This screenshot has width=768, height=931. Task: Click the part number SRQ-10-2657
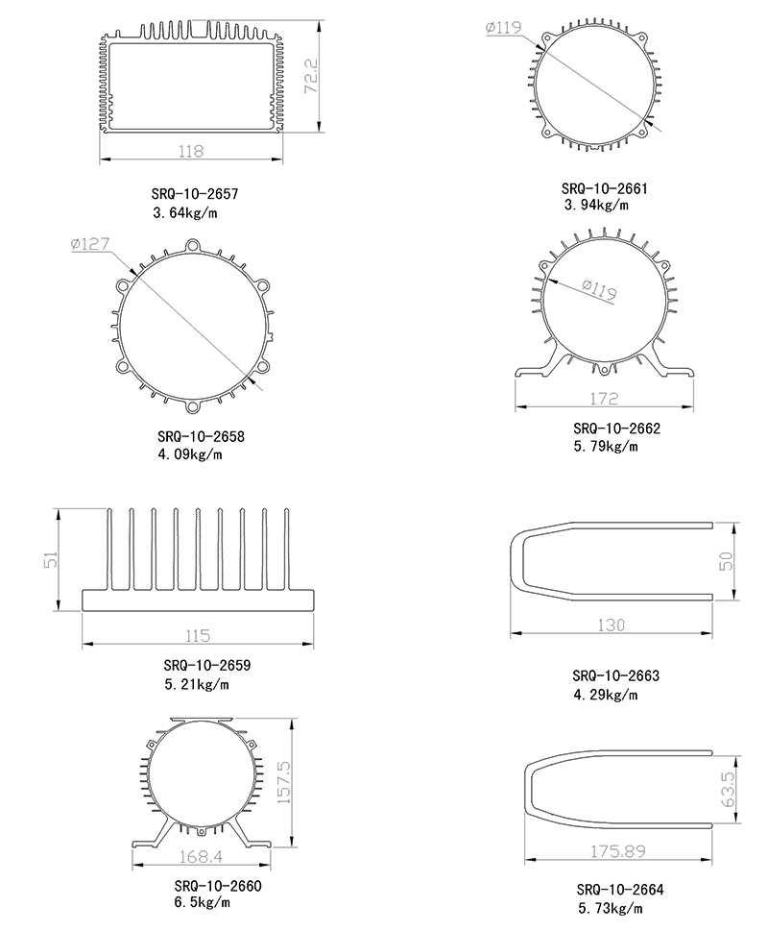[195, 193]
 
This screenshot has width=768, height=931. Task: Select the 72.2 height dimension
[311, 76]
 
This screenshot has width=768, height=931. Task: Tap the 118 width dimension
[191, 152]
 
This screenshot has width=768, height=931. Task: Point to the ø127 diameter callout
[90, 243]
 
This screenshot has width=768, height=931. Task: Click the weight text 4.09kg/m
[190, 454]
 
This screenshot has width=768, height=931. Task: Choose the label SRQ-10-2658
[201, 436]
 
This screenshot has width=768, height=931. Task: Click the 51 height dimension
[51, 559]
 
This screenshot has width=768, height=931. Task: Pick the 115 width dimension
[198, 636]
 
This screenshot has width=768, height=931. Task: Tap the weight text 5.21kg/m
[196, 684]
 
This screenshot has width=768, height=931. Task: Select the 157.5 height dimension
[284, 783]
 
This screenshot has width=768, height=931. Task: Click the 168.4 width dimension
[201, 857]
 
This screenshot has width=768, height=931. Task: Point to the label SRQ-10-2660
[218, 885]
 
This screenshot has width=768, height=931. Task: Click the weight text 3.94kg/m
[596, 205]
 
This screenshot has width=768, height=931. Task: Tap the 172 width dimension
[604, 399]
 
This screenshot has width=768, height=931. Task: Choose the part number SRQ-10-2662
[616, 429]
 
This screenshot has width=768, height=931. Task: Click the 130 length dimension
[611, 625]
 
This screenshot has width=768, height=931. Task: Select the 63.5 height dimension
[728, 789]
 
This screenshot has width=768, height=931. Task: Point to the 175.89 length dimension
[617, 851]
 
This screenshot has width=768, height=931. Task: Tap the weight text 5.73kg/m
[611, 908]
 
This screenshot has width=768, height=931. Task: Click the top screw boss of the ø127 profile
[193, 245]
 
